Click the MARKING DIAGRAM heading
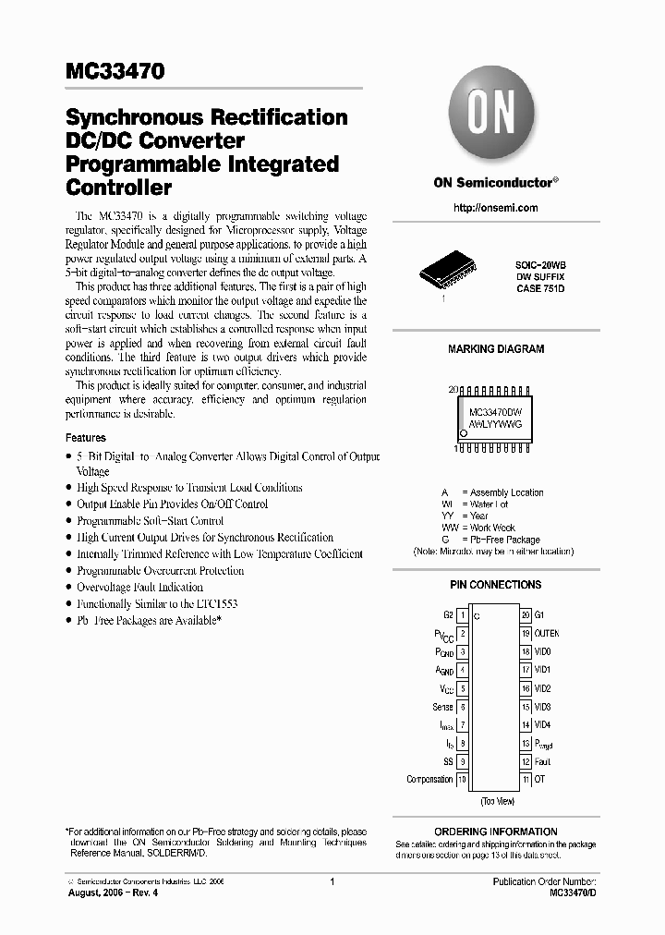coord(496,349)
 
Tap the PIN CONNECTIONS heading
coord(496,585)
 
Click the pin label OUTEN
coord(547,634)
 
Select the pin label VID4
coord(542,725)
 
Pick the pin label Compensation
coord(429,780)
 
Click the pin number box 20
coord(526,615)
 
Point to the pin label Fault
coord(542,762)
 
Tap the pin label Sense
coord(442,707)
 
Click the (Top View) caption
coord(498,800)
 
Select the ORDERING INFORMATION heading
coord(496,832)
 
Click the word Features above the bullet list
coord(86,438)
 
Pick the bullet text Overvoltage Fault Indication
coord(139,588)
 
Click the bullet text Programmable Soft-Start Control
coord(150,521)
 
